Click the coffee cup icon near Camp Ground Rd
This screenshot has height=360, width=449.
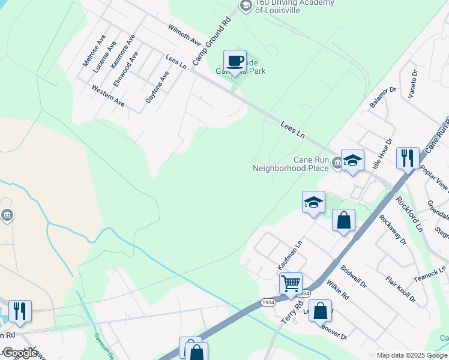235,61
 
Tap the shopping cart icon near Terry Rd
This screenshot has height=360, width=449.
291,283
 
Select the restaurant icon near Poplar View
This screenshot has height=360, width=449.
408,158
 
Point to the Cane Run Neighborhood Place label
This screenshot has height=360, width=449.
291,164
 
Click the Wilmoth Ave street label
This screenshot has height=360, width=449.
184,35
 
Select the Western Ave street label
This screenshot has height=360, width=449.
108,95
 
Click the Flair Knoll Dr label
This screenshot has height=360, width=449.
400,289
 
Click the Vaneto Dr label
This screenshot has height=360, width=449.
413,83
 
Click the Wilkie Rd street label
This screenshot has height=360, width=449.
337,287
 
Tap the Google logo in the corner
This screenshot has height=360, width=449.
19,353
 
